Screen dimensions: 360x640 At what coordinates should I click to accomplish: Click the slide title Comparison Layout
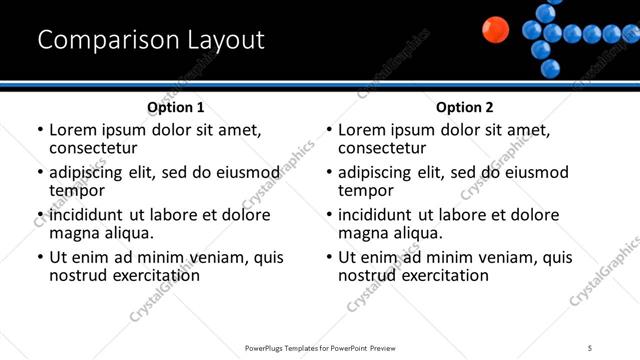point(151,40)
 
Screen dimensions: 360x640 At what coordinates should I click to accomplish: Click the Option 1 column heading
point(175,107)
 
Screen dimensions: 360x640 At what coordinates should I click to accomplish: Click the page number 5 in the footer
point(590,347)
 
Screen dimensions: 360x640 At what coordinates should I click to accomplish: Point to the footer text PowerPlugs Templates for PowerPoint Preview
point(320,347)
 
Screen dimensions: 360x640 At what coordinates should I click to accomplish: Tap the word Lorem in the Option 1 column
point(72,130)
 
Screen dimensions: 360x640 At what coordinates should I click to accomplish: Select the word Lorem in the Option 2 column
point(361,130)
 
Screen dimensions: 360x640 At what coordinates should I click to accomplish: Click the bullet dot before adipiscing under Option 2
point(329,173)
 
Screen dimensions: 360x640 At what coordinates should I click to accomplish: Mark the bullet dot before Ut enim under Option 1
point(40,258)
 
